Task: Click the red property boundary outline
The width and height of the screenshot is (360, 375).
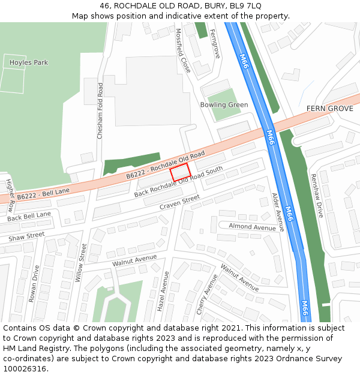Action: tap(180, 172)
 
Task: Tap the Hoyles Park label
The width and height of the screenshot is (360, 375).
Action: tap(29, 62)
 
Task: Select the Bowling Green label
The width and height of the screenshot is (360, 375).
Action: tap(224, 105)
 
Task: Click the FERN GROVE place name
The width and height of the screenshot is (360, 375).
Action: tap(329, 109)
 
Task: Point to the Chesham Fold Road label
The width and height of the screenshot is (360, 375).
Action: tap(100, 111)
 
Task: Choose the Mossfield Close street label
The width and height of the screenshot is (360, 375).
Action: tap(183, 52)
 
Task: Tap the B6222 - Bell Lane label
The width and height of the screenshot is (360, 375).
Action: tap(43, 194)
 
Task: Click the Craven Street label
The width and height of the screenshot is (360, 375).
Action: tap(179, 203)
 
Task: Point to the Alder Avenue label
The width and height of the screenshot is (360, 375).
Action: tap(278, 212)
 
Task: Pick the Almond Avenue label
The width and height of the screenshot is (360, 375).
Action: tap(252, 227)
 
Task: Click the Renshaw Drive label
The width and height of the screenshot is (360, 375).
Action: tap(316, 196)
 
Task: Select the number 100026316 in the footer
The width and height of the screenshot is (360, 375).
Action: tap(25, 368)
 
